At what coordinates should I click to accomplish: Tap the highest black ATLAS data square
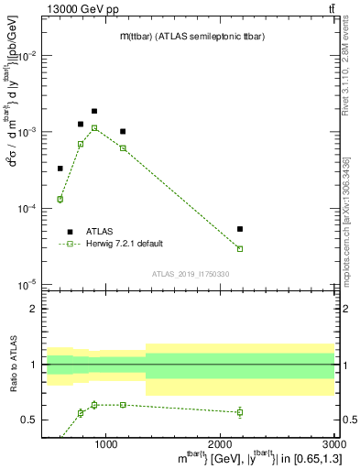tap(94, 111)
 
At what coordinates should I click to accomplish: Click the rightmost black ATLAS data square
tap(240, 229)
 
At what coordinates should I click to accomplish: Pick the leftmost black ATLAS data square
tap(60, 169)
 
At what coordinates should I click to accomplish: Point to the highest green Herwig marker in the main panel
tap(94, 128)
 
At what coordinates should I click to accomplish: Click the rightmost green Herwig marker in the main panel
tap(240, 248)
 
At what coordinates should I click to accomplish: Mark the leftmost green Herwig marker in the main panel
tap(60, 199)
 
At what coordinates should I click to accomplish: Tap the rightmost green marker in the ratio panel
tap(240, 412)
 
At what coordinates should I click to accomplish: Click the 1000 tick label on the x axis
tap(107, 444)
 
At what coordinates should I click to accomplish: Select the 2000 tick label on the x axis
tap(222, 444)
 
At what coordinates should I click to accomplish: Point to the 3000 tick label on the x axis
tap(333, 444)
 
